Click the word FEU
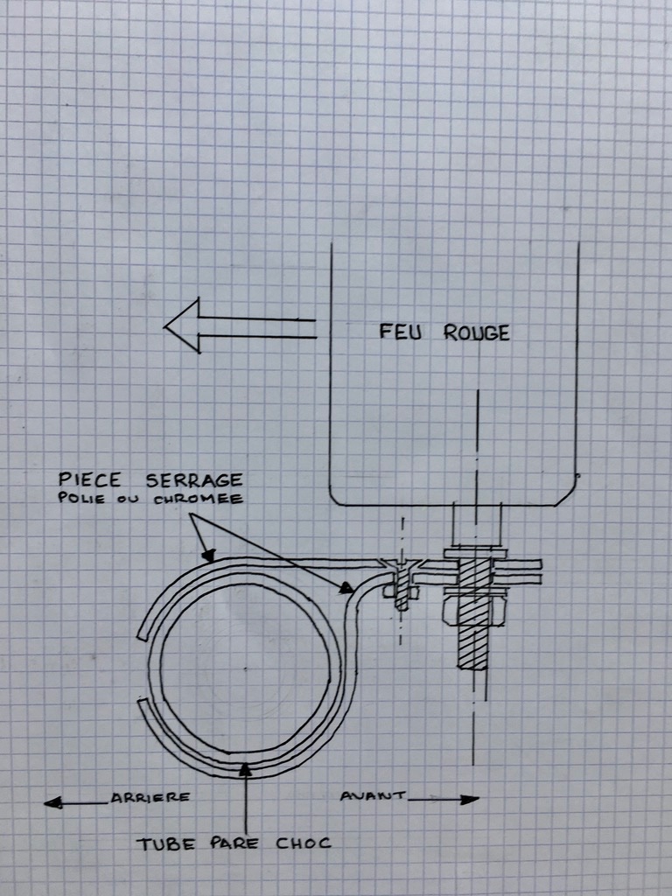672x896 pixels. tap(401, 332)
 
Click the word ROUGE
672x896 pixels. tap(477, 333)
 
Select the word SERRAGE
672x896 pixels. tap(194, 480)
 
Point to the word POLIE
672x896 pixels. tap(81, 498)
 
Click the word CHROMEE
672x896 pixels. tap(199, 499)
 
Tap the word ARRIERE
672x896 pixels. tap(150, 797)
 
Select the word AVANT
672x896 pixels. tap(373, 795)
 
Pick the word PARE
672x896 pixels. tap(234, 843)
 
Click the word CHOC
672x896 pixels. tap(304, 843)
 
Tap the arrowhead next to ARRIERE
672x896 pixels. tap(53, 802)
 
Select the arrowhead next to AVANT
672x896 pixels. tap(470, 800)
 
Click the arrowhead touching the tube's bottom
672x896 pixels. tap(245, 769)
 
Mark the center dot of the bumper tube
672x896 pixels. tap(245, 668)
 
